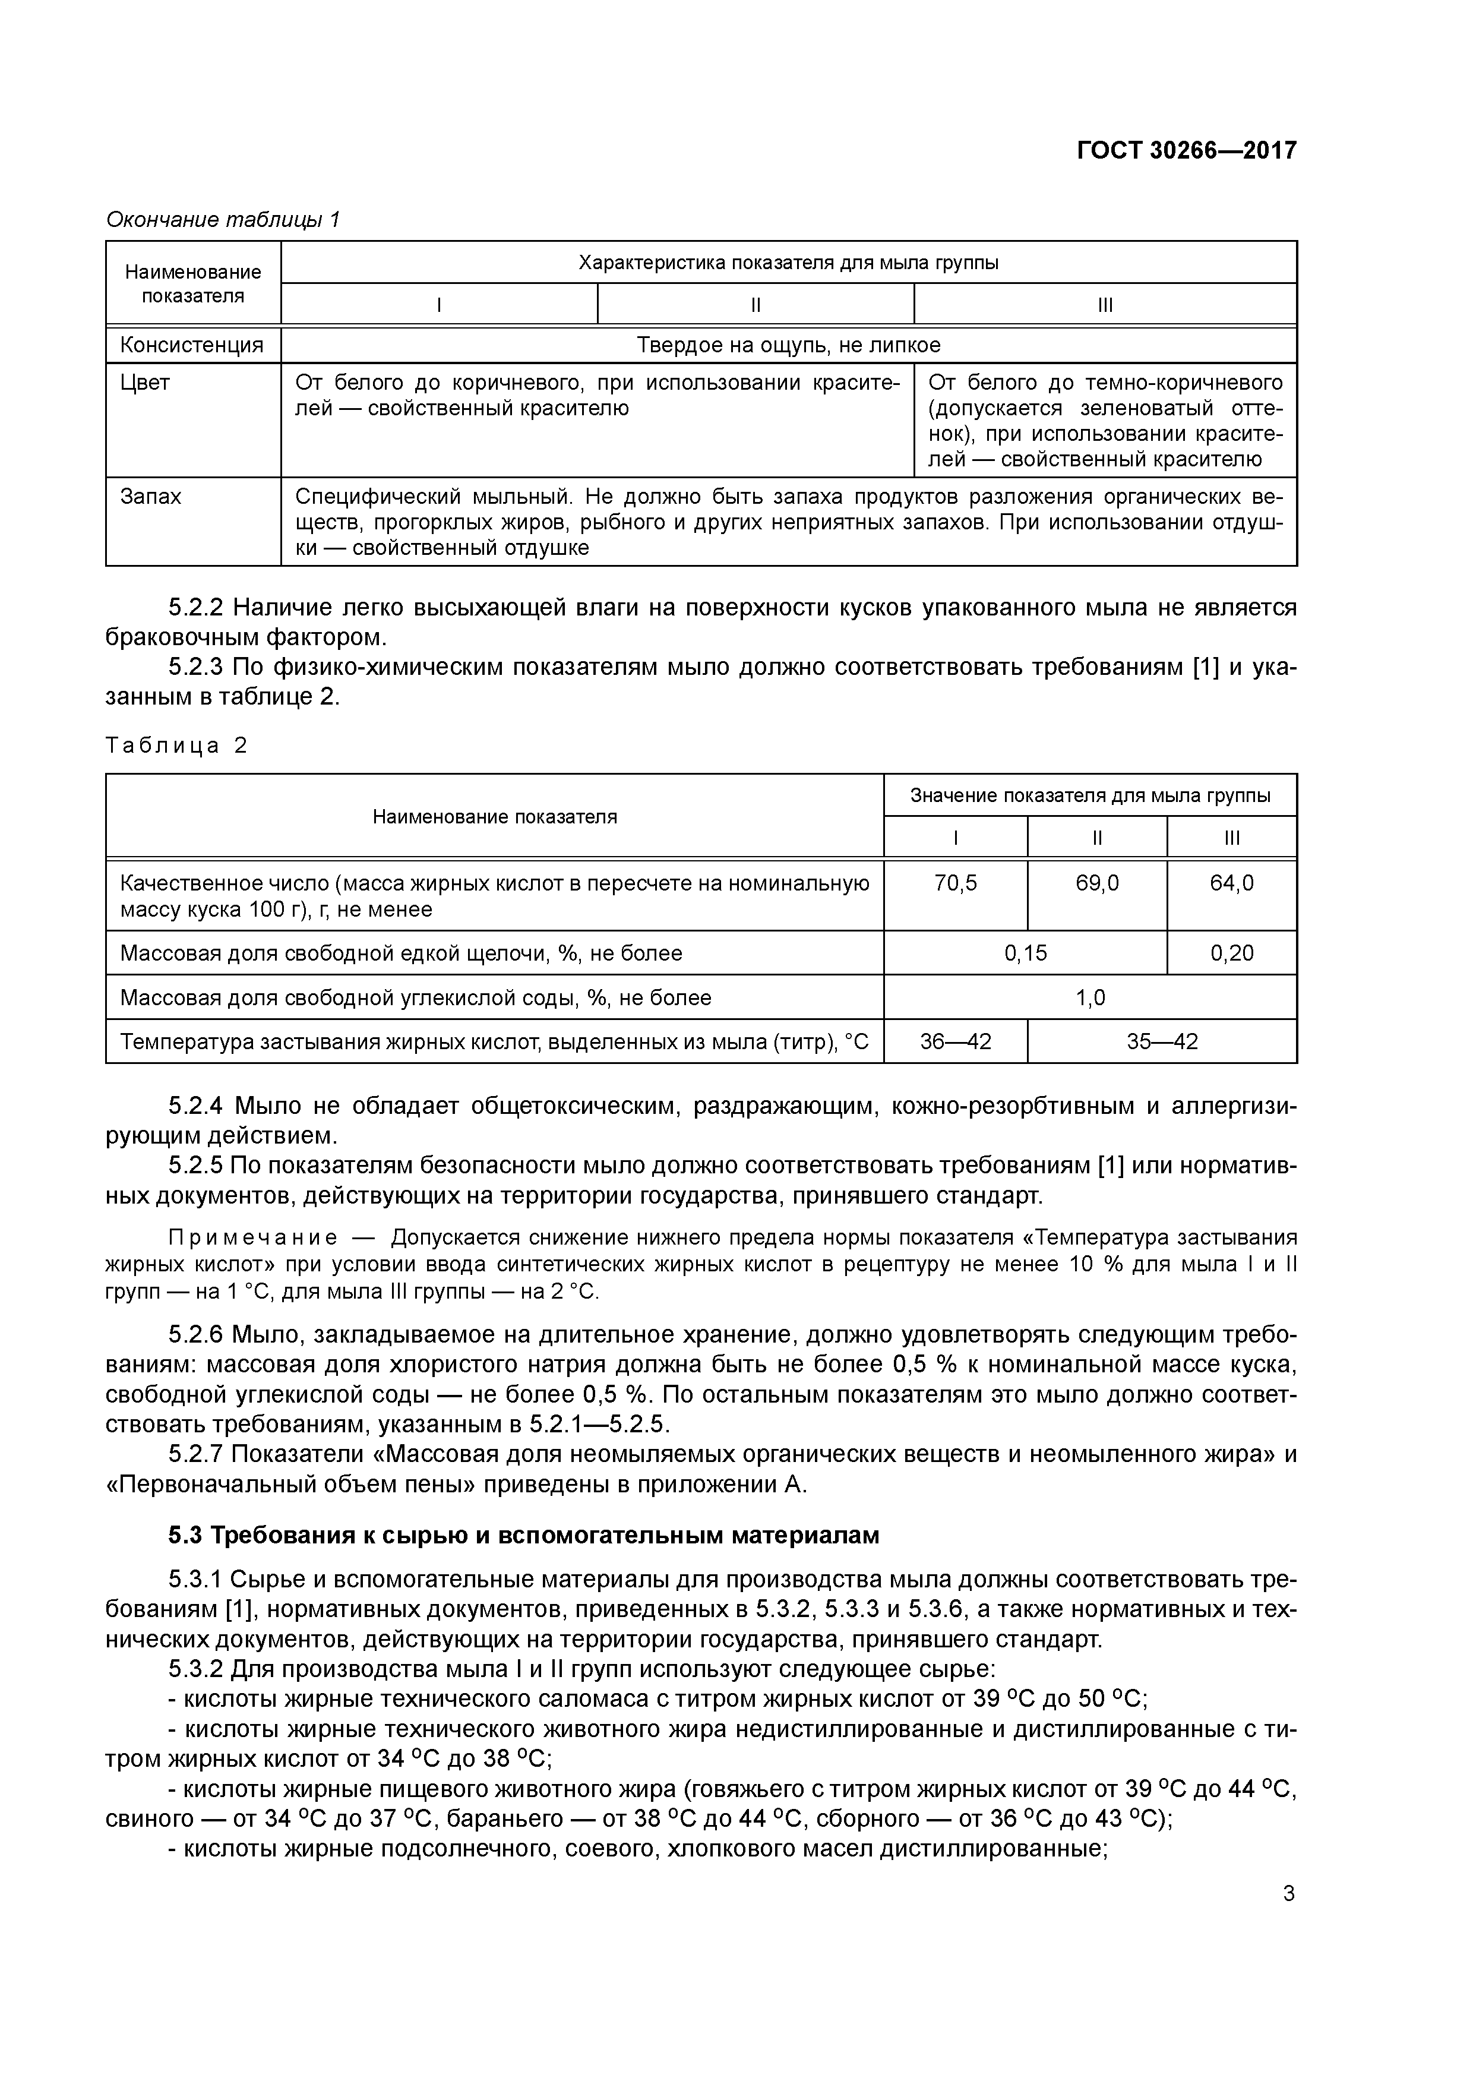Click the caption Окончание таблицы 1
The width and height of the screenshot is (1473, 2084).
[223, 220]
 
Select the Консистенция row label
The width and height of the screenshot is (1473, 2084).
[191, 345]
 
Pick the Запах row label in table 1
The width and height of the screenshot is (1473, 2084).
[151, 497]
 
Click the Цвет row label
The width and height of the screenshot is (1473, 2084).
[145, 382]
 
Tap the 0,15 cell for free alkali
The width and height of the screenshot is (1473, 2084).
[1026, 953]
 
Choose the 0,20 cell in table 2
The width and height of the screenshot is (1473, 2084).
[1232, 953]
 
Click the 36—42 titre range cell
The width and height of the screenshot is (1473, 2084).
[956, 1041]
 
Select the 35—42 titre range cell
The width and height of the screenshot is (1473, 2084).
[1162, 1041]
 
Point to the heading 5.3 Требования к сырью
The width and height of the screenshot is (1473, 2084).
[524, 1535]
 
